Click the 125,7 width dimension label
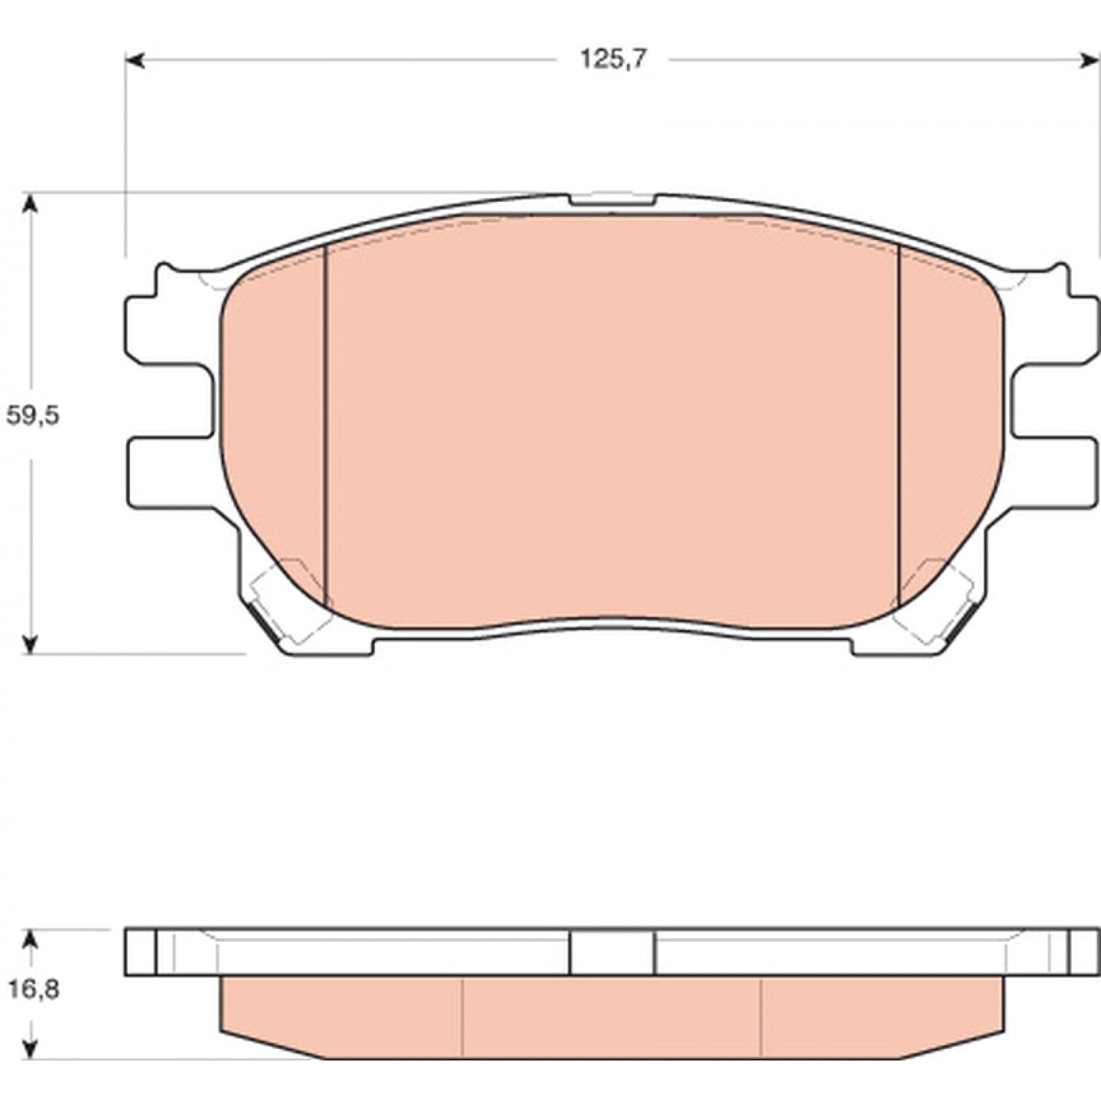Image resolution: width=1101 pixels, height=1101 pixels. coord(613,59)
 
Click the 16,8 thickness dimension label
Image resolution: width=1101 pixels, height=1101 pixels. coord(34,989)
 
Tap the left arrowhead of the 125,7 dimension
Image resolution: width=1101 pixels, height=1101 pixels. coord(135,60)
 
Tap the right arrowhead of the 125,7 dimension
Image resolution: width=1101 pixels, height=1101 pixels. coord(1090,60)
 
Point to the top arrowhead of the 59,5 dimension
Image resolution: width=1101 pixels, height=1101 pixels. coord(31,203)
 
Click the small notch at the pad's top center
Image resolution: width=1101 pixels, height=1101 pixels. coord(612,200)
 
